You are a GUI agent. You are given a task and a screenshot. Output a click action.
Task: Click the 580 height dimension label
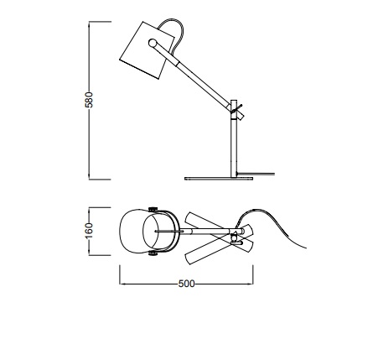click(x=89, y=100)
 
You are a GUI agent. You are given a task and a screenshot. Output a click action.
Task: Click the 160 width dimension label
click(x=89, y=231)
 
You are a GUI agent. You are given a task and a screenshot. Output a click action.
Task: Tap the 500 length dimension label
click(x=186, y=284)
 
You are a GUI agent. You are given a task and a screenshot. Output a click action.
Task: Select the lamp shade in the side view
click(x=147, y=50)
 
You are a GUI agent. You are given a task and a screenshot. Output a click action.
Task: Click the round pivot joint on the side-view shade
click(x=153, y=43)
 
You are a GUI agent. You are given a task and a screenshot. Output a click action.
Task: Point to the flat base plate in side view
click(x=219, y=178)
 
